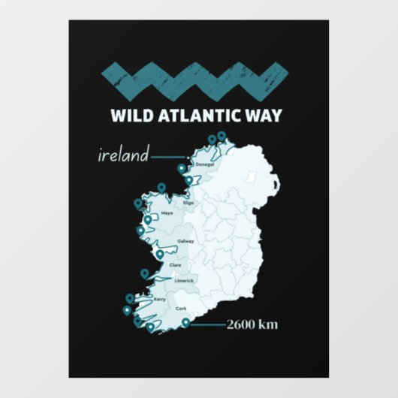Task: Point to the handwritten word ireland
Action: [x=121, y=156]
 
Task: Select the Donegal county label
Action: [x=205, y=164]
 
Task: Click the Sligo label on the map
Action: [x=189, y=203]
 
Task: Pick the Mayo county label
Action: [x=167, y=213]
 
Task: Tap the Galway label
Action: [x=185, y=242]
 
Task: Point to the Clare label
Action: [x=176, y=264]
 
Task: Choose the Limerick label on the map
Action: [x=184, y=281]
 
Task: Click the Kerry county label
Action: [x=159, y=299]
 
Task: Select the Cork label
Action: [x=181, y=309]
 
